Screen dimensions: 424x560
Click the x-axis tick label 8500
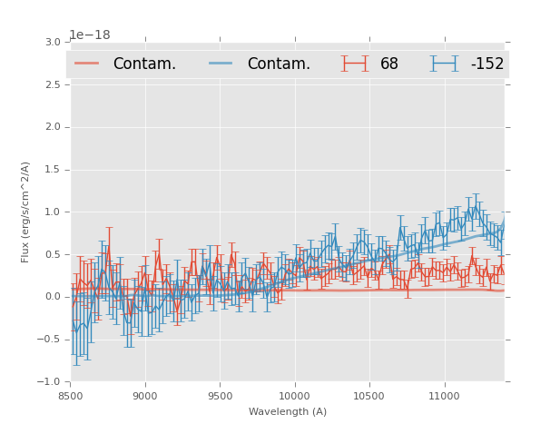pos(70,396)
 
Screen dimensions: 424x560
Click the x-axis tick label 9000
pos(145,396)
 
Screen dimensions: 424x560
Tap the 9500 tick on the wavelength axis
pos(220,396)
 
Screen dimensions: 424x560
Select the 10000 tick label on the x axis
pos(294,396)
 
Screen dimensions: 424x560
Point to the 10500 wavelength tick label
pos(369,396)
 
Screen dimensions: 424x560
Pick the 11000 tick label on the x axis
pos(444,396)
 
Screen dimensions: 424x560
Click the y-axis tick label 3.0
pos(53,43)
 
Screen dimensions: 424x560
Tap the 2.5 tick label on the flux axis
pos(53,85)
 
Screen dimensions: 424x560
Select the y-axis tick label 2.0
pos(53,127)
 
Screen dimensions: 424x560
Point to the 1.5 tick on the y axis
pos(53,170)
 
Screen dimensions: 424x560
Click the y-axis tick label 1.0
pos(53,212)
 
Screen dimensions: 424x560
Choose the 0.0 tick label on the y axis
pos(53,297)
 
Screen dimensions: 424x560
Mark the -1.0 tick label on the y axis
pos(50,382)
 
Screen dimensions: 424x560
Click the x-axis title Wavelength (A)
pos(288,412)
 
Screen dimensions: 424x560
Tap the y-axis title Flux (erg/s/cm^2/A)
pos(26,212)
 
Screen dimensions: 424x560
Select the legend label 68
pos(389,64)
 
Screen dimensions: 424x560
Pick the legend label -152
pos(486,64)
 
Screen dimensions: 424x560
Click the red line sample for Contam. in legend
pos(87,64)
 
